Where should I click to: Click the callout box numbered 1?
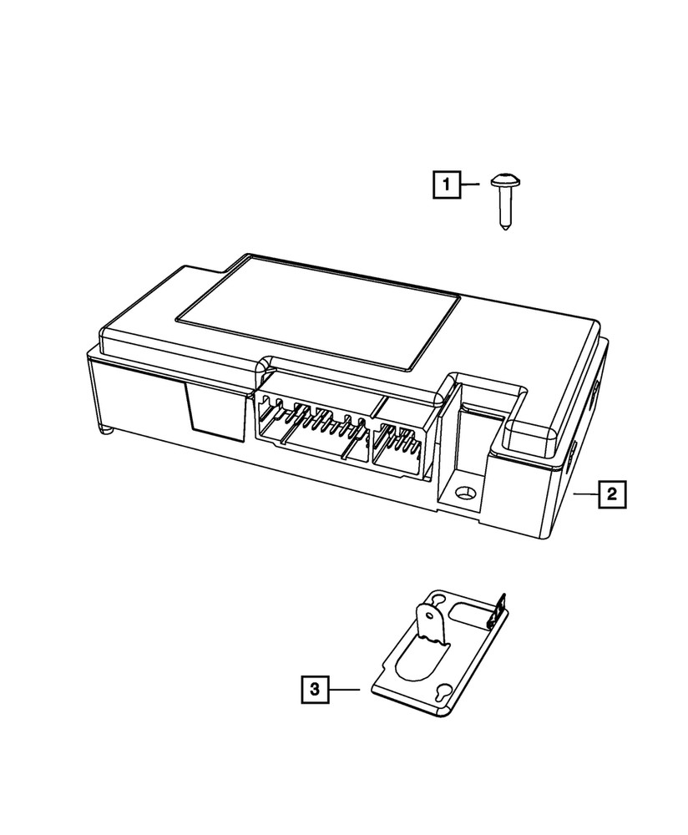tap(447, 184)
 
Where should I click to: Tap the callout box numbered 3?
tap(314, 689)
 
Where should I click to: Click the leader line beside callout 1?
tap(469, 184)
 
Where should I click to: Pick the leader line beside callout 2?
tap(584, 494)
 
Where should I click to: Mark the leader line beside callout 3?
tap(343, 689)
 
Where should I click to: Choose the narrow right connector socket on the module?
tap(401, 443)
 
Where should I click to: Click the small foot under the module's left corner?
tap(106, 430)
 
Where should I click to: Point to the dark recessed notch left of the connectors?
tap(202, 409)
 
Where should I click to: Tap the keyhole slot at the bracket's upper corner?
tap(435, 598)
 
